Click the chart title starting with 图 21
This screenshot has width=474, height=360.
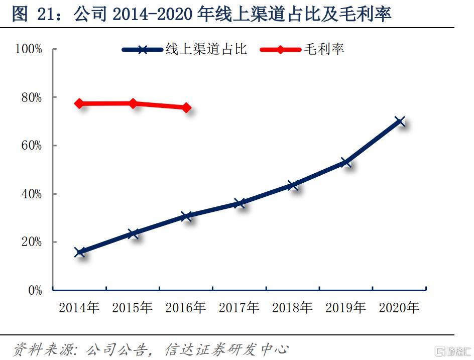[x=201, y=15]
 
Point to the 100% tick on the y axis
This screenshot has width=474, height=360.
[x=29, y=49]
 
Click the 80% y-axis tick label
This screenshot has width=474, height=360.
[x=31, y=97]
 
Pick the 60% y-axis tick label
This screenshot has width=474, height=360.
[x=31, y=146]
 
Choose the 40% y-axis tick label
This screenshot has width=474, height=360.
[x=31, y=194]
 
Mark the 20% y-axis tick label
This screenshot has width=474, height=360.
[x=31, y=242]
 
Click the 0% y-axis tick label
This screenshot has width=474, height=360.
[x=34, y=290]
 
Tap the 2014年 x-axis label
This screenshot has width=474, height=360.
[x=79, y=307]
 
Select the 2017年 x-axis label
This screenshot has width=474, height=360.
[x=239, y=307]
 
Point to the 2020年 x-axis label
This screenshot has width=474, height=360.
[x=399, y=307]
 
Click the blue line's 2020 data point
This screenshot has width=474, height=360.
[x=399, y=121]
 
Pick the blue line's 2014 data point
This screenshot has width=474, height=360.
[x=79, y=252]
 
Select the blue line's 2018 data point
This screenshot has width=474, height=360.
[x=293, y=185]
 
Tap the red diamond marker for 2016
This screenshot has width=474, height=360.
[x=186, y=107]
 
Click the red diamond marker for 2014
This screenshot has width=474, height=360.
[x=79, y=103]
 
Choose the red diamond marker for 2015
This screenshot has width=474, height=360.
[x=133, y=103]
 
